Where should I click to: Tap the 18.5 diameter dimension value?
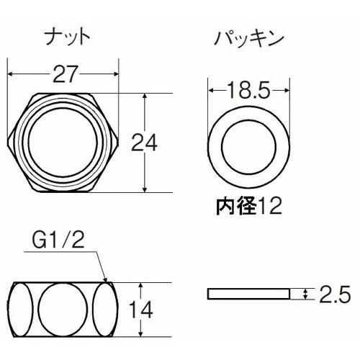tap(244, 92)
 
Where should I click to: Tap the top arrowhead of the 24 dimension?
tap(147, 94)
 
